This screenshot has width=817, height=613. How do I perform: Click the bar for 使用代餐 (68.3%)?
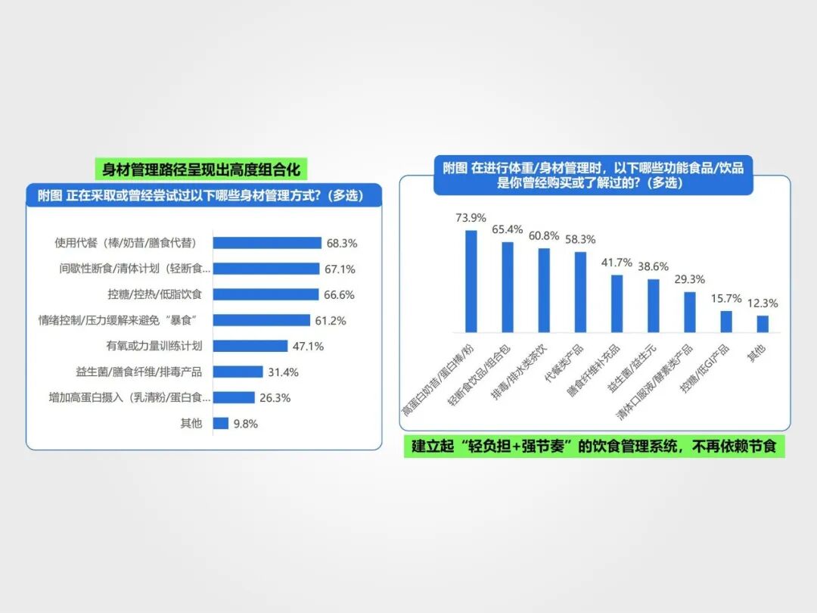[x=266, y=243]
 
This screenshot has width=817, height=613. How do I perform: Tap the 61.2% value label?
[x=331, y=321]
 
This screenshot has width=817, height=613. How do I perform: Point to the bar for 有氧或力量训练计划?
[x=250, y=346]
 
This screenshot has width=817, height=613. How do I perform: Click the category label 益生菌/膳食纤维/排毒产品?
[x=154, y=372]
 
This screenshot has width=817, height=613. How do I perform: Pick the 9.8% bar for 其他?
[x=221, y=424]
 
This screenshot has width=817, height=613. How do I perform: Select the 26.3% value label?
[x=275, y=397]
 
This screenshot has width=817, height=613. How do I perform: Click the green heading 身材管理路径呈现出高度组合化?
[x=201, y=170]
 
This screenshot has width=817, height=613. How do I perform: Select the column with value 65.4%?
[x=508, y=288]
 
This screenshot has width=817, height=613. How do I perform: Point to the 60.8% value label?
[x=545, y=235]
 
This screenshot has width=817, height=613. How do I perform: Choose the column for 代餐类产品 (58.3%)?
[x=580, y=292]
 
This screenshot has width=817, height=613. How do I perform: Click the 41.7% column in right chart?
[x=617, y=304]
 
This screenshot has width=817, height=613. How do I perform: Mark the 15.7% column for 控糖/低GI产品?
[x=726, y=322]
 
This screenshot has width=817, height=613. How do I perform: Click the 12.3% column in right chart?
[x=763, y=324]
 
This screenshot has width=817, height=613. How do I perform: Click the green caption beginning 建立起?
[x=594, y=447]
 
